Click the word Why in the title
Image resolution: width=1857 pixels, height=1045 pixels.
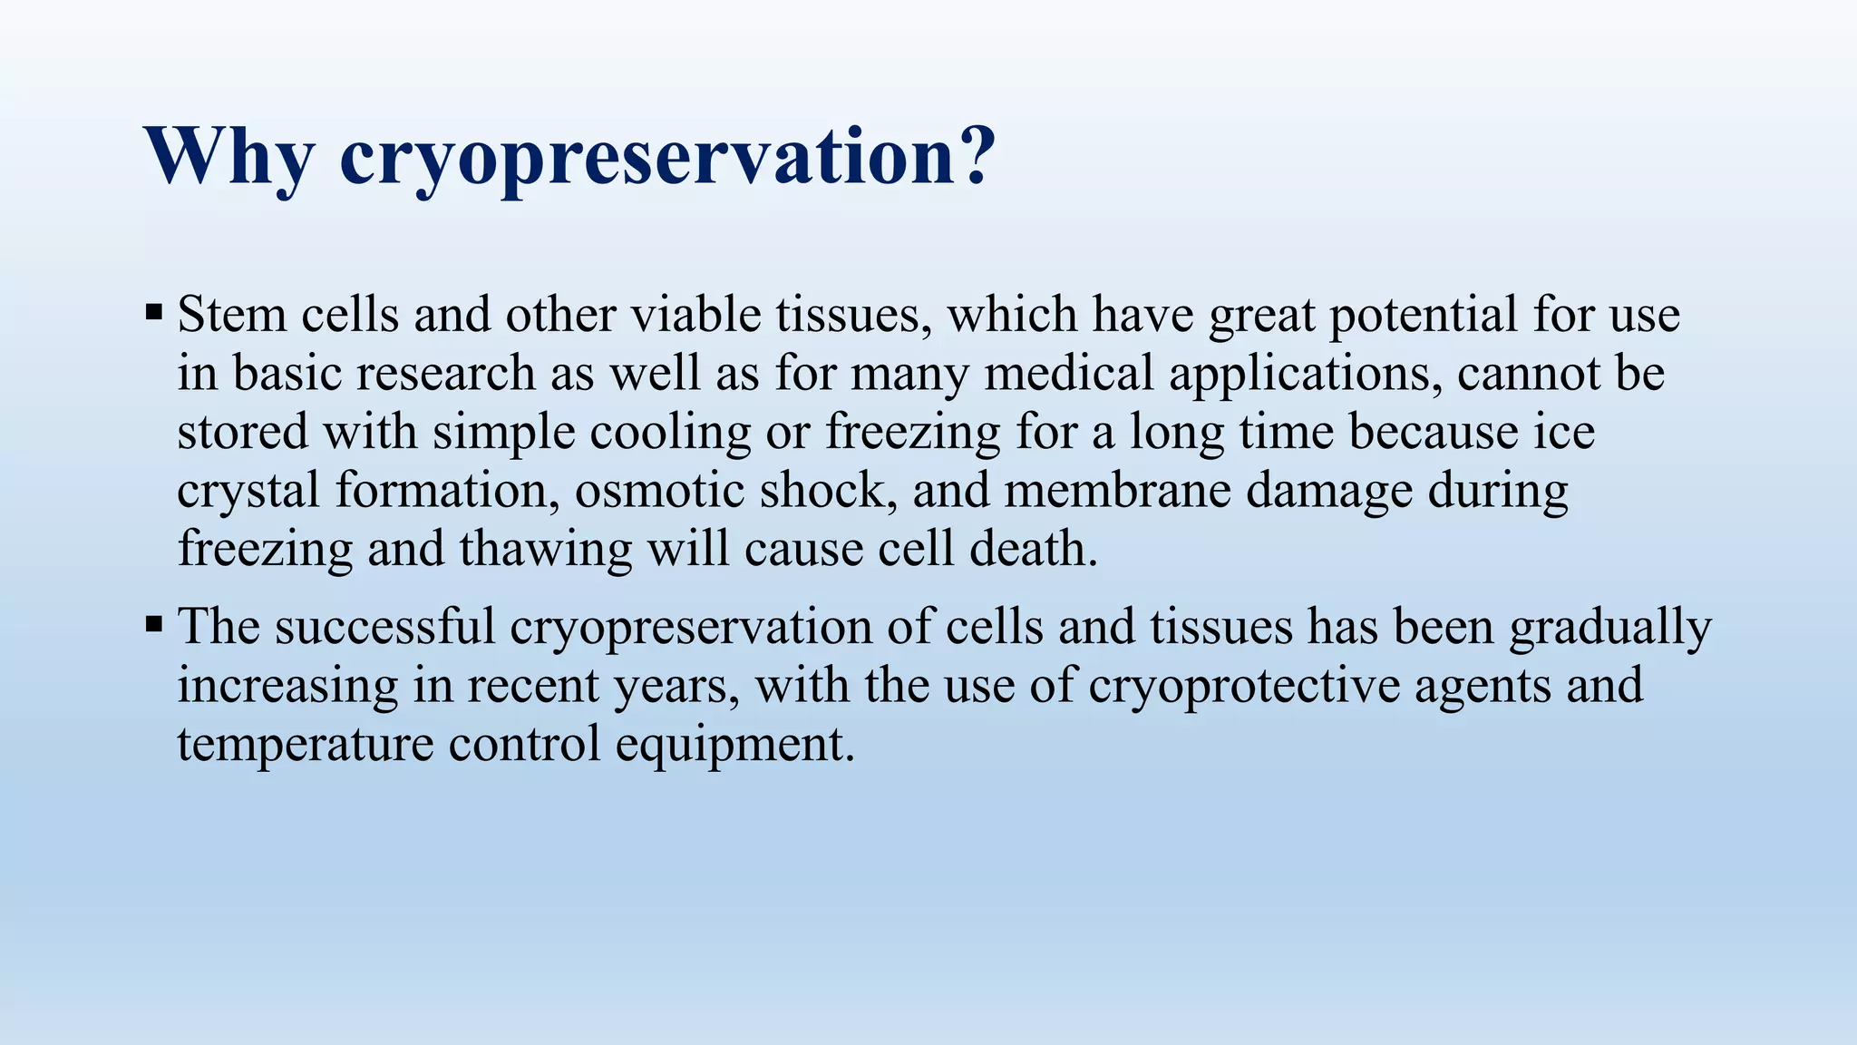pyautogui.click(x=229, y=156)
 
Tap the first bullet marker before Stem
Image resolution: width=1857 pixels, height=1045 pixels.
pyautogui.click(x=153, y=314)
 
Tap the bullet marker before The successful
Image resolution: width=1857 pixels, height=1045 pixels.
pyautogui.click(x=153, y=625)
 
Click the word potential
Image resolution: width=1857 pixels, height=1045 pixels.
pyautogui.click(x=1423, y=315)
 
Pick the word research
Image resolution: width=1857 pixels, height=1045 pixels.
pyautogui.click(x=445, y=374)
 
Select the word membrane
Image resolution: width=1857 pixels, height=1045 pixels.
pyautogui.click(x=1117, y=491)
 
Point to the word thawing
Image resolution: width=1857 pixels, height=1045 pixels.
pyautogui.click(x=545, y=551)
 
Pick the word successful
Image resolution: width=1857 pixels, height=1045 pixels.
pyautogui.click(x=384, y=627)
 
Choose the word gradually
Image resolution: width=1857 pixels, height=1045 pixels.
pyautogui.click(x=1609, y=629)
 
